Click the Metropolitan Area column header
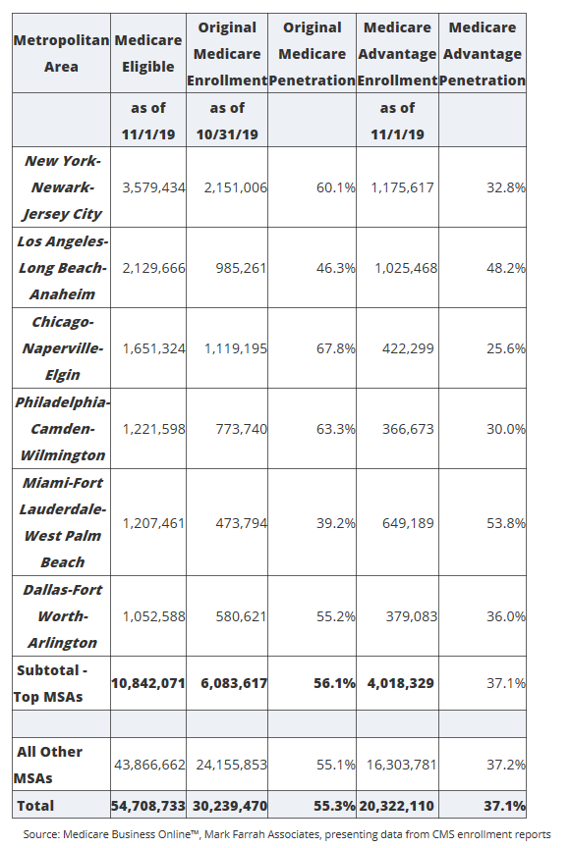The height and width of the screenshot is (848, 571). click(x=61, y=54)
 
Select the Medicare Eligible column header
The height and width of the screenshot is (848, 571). click(x=147, y=54)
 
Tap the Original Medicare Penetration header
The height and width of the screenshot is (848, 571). click(x=313, y=54)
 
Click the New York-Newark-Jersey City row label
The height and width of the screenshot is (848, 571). click(x=62, y=187)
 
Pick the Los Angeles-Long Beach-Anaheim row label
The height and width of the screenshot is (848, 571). click(x=62, y=268)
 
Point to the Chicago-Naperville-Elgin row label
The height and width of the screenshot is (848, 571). click(x=62, y=348)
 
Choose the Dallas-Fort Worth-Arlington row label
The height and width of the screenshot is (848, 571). click(x=62, y=616)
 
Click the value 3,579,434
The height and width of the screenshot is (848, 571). click(x=154, y=187)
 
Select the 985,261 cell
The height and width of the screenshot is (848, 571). click(x=241, y=268)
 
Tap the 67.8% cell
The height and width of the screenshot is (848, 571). click(x=336, y=348)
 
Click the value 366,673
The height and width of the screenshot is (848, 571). click(x=408, y=430)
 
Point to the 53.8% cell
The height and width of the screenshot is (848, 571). click(x=506, y=523)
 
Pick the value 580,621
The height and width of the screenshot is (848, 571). click(x=241, y=616)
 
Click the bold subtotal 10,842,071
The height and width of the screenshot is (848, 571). click(x=148, y=683)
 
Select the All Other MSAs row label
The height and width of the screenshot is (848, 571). click(x=48, y=765)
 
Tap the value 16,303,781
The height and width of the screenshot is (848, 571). click(x=401, y=766)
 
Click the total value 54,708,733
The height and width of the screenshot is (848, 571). click(x=148, y=807)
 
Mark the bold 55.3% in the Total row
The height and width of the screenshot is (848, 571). click(x=334, y=807)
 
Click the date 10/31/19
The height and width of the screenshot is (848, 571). click(x=227, y=134)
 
